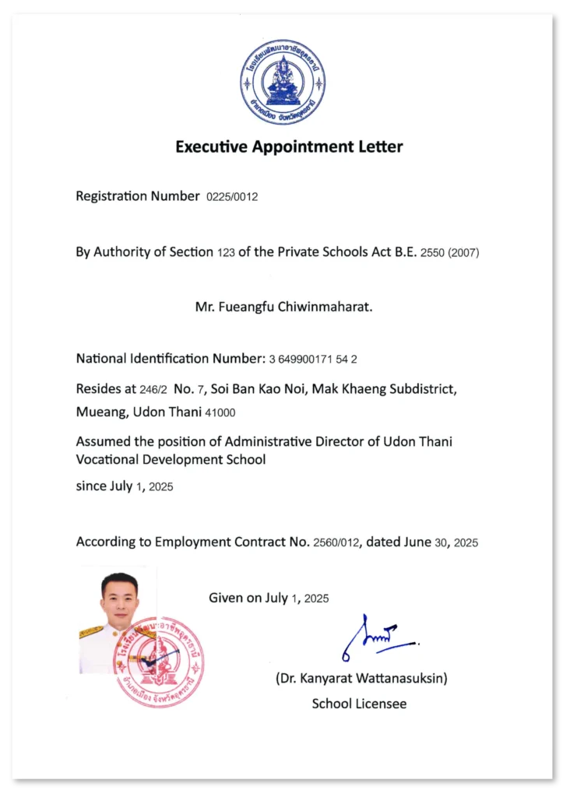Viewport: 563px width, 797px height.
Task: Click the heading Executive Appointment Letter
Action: pos(289,146)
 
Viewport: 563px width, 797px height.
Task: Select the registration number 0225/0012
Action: pos(231,197)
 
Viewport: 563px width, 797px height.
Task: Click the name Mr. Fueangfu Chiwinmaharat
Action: pos(283,307)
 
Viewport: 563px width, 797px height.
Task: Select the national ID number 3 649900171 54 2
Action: pos(313,360)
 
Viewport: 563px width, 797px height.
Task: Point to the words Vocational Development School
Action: pos(171,459)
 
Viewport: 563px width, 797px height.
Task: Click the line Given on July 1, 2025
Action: pos(269,598)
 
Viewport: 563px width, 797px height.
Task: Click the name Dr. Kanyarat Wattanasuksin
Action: pos(361,678)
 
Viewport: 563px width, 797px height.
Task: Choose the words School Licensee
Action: pos(359,704)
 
